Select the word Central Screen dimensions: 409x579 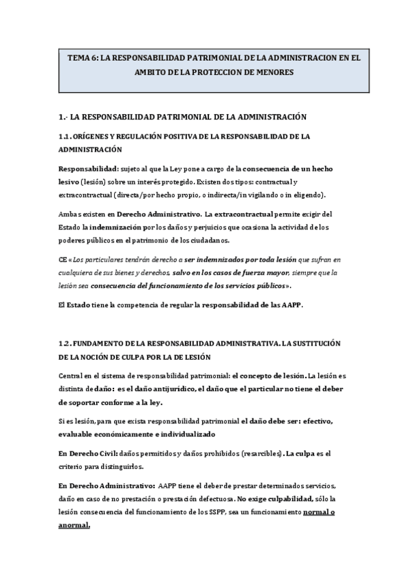pyautogui.click(x=72, y=375)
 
